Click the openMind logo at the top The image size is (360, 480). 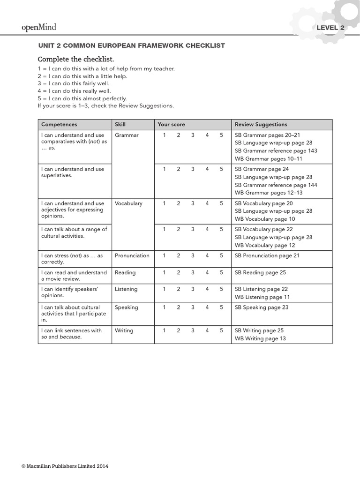pyautogui.click(x=39, y=27)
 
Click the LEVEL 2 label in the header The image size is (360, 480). pyautogui.click(x=330, y=28)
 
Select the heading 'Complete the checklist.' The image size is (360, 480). pyautogui.click(x=75, y=60)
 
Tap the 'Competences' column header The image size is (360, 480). pyautogui.click(x=59, y=124)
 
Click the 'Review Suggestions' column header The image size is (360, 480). pyautogui.click(x=261, y=124)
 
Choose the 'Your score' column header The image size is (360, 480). pyautogui.click(x=171, y=124)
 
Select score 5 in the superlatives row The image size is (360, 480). pyautogui.click(x=221, y=169)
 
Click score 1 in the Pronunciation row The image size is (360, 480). pyautogui.click(x=165, y=256)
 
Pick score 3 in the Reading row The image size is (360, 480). pyautogui.click(x=193, y=272)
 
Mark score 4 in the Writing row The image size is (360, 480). pyautogui.click(x=207, y=330)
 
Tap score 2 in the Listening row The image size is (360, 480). pyautogui.click(x=179, y=289)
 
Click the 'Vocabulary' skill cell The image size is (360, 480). pyautogui.click(x=128, y=203)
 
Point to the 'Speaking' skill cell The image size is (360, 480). pyautogui.click(x=126, y=307)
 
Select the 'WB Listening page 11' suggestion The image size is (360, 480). pyautogui.click(x=262, y=297)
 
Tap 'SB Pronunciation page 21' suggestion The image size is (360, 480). pyautogui.click(x=267, y=256)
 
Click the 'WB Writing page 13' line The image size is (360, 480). pyautogui.click(x=260, y=338)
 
